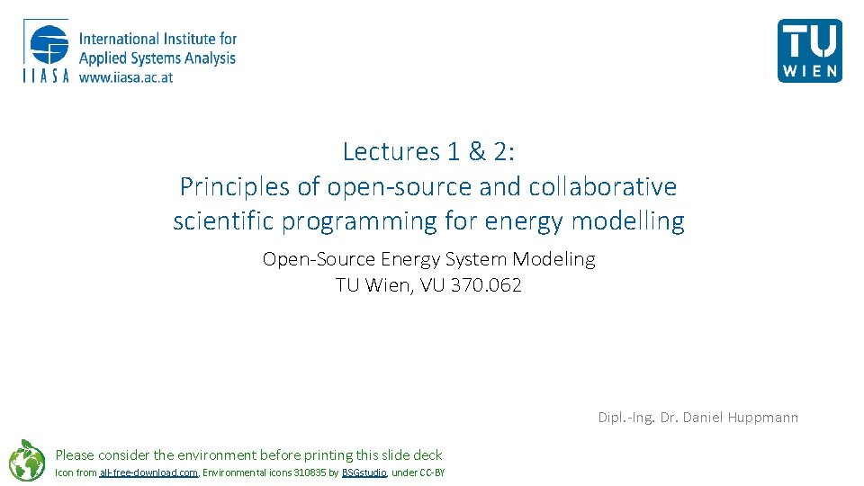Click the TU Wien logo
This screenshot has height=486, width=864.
(x=809, y=50)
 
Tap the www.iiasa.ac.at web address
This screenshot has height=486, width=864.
(x=126, y=77)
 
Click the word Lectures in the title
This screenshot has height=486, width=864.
(x=384, y=151)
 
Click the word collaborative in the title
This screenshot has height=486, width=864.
(x=603, y=186)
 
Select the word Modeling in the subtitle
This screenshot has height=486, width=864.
(x=553, y=259)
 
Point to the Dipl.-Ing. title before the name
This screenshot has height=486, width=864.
(x=626, y=417)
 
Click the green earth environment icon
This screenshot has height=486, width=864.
(x=27, y=460)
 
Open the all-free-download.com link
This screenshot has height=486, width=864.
(x=148, y=472)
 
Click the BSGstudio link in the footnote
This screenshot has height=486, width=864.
(x=364, y=472)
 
